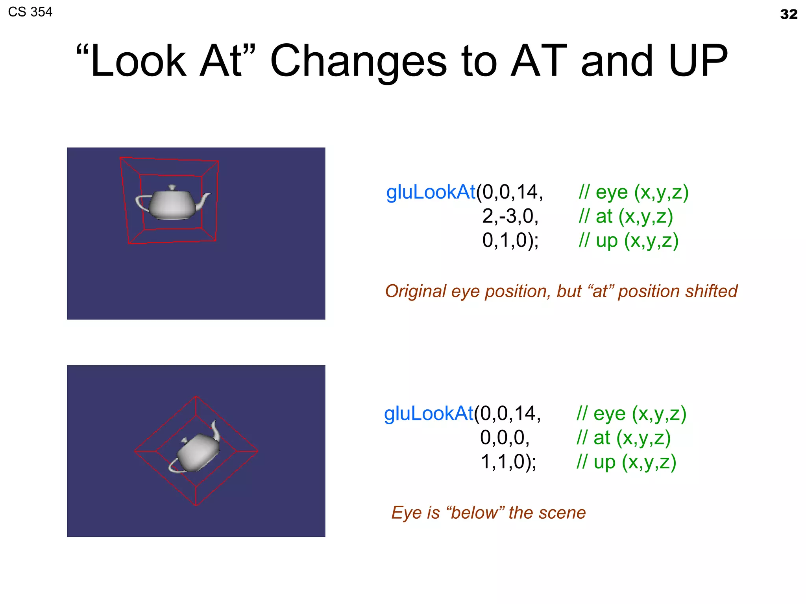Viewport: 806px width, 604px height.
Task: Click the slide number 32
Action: coord(788,15)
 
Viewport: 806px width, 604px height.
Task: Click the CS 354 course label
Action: coord(30,12)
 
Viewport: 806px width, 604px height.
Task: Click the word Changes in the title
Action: coord(359,61)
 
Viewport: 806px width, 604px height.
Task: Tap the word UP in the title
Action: coord(698,61)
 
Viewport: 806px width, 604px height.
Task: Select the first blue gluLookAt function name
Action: coord(431,192)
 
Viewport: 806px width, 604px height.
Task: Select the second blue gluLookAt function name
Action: coord(428,414)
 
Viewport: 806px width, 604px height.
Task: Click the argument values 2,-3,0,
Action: coord(510,216)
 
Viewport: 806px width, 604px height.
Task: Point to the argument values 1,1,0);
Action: coord(508,462)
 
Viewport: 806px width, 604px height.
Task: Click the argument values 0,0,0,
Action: coord(505,438)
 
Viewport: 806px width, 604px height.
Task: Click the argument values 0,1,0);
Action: coord(510,240)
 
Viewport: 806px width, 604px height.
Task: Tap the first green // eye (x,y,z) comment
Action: coord(633,192)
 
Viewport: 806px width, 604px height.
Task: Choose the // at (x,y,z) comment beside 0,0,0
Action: coord(623,438)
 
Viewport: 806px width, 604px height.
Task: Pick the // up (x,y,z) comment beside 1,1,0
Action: coord(626,462)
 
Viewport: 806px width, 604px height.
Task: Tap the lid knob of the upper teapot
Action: coord(172,188)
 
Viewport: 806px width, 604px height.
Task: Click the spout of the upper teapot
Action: coord(205,199)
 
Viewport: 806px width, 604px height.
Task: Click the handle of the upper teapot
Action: coord(140,202)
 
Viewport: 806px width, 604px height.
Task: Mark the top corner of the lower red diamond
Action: coord(196,396)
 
